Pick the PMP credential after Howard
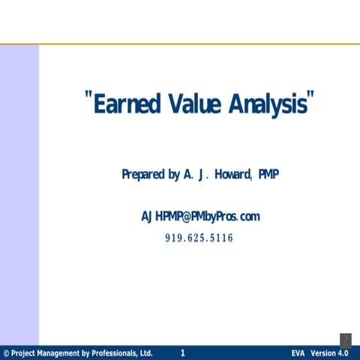pyautogui.click(x=268, y=175)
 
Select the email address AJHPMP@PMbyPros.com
pyautogui.click(x=200, y=217)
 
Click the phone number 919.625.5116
pyautogui.click(x=199, y=238)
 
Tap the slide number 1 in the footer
pyautogui.click(x=183, y=352)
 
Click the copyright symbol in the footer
pyautogui.click(x=6, y=353)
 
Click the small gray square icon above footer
pyautogui.click(x=345, y=340)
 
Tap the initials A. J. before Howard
pyautogui.click(x=194, y=175)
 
